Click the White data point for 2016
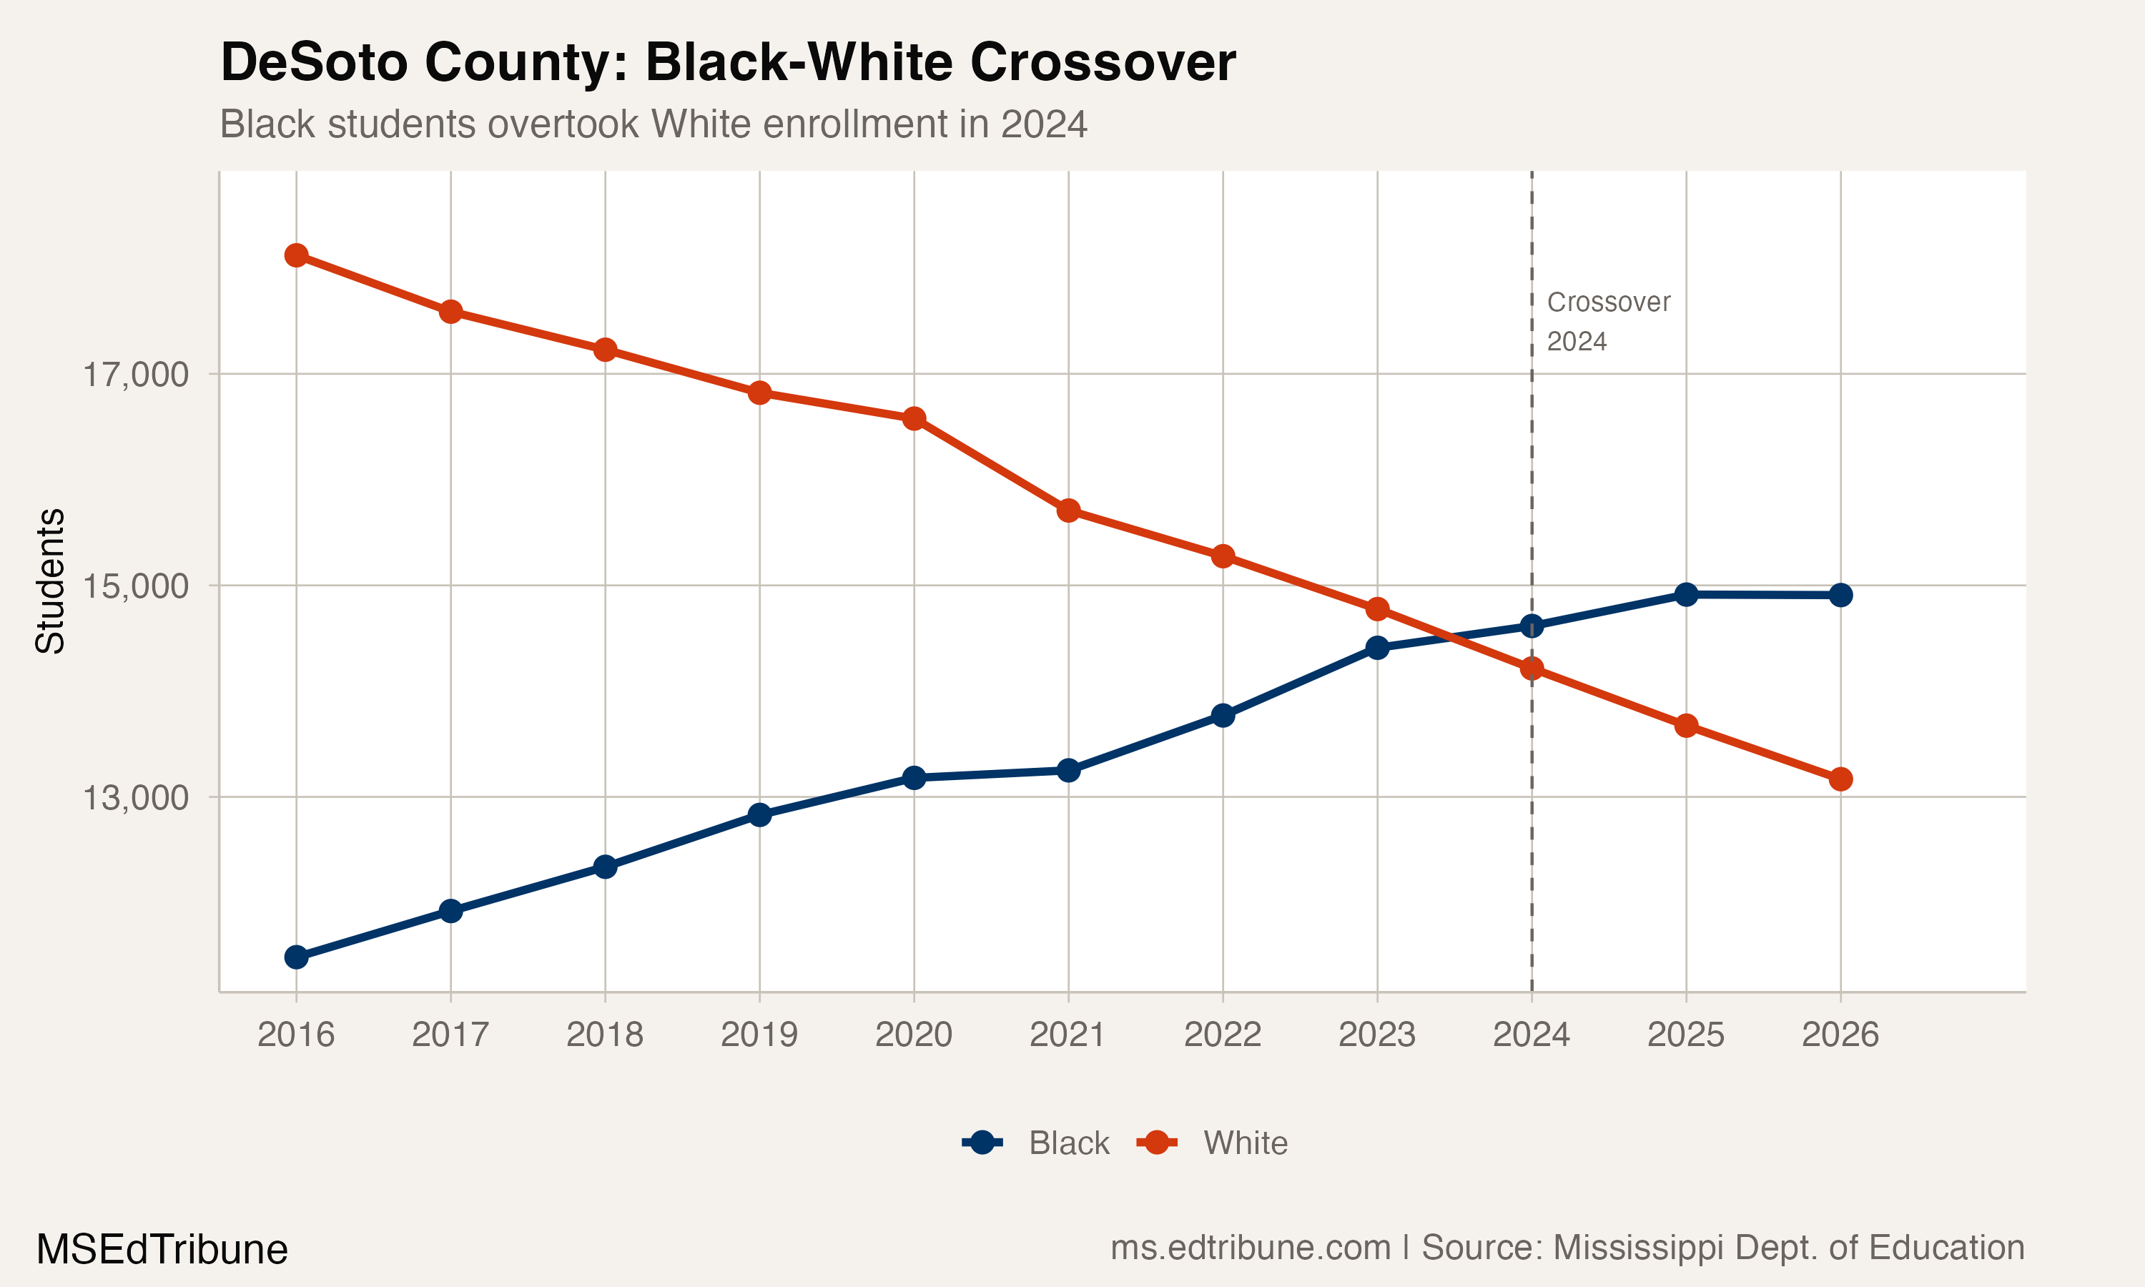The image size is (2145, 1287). [297, 255]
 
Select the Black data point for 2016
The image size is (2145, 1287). [297, 957]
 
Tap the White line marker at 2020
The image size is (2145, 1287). [914, 419]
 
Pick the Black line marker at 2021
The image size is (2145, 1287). [1068, 770]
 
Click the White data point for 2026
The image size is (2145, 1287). [1840, 779]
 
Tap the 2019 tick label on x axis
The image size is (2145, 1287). [759, 1035]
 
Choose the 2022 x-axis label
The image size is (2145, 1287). [1223, 1035]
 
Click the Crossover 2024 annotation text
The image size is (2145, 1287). [1607, 321]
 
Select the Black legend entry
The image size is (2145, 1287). [1068, 1143]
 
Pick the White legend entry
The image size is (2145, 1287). [1244, 1143]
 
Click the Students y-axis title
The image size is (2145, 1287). [50, 581]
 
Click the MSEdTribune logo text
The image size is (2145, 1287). [162, 1250]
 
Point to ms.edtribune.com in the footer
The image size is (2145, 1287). [1251, 1248]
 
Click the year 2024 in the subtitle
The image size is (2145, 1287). [1044, 124]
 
